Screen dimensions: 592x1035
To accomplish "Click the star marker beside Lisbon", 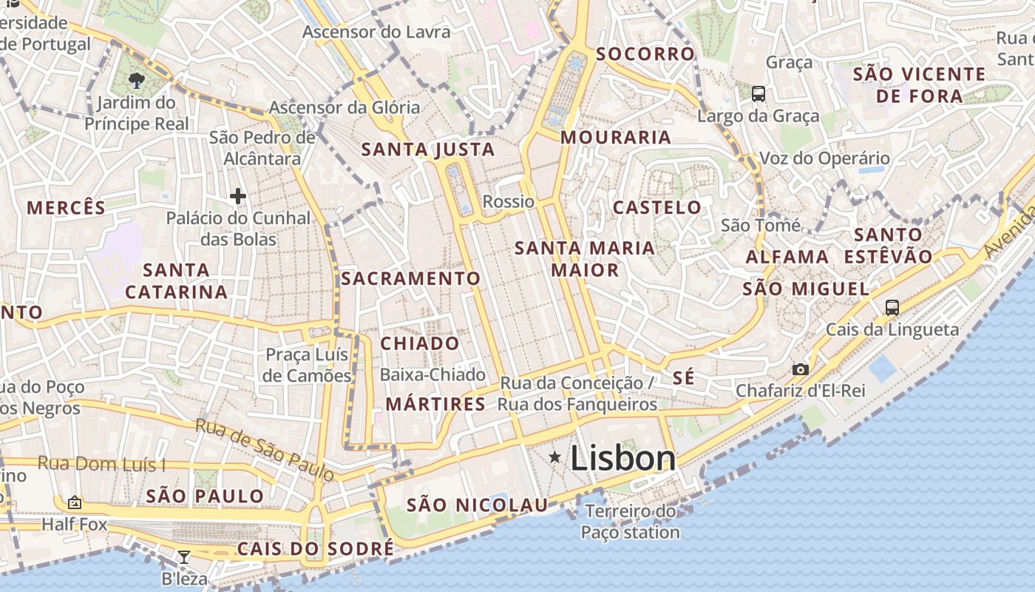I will [x=555, y=458].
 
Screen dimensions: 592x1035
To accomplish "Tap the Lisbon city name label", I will [x=623, y=459].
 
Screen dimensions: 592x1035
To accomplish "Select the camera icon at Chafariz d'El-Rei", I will [x=800, y=369].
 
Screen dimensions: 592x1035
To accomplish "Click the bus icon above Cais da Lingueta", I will [x=892, y=307].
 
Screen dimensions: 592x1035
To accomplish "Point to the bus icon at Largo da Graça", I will [x=759, y=94].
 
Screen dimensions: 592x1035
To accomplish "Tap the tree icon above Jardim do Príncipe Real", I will [x=136, y=80].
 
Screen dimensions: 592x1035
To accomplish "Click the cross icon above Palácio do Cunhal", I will [x=237, y=196].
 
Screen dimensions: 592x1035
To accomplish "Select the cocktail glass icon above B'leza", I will [x=184, y=556].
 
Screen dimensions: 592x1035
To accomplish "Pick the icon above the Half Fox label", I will [x=75, y=502].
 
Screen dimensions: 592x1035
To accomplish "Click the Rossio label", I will [x=508, y=201].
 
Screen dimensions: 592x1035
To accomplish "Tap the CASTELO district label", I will [x=657, y=207].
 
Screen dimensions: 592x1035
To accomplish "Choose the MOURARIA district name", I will [x=616, y=137].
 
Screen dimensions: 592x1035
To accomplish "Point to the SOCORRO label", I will [x=645, y=54].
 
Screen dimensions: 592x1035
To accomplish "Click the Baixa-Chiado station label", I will [x=432, y=375].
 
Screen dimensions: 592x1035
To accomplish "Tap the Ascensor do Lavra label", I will [x=376, y=32].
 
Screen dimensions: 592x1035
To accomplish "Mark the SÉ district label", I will [x=684, y=377].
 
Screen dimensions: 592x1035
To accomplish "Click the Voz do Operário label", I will [x=825, y=158].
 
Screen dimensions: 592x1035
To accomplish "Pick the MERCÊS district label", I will [x=67, y=207].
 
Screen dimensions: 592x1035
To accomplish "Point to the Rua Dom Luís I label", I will [x=101, y=464].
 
